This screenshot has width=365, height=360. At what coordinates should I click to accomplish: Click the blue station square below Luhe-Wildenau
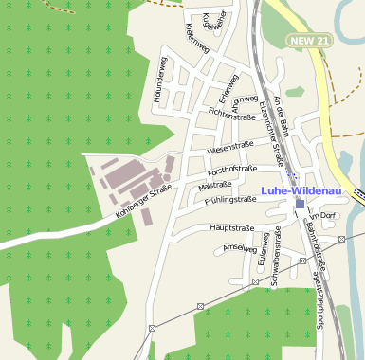300,204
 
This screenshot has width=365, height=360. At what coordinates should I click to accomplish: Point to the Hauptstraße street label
231,228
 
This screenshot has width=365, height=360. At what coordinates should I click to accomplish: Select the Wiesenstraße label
233,149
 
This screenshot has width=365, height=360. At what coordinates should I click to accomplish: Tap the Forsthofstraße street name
233,169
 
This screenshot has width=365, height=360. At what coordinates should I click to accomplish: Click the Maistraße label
216,186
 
